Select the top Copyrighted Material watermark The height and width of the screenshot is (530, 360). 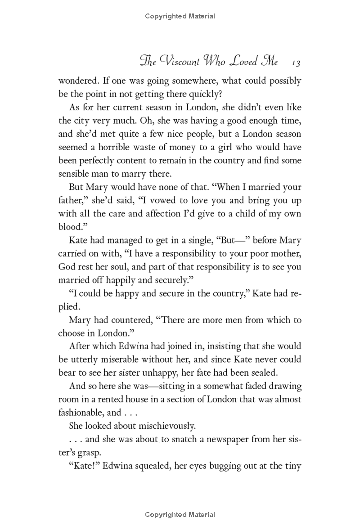point(180,16)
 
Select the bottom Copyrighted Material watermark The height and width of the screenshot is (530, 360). point(180,515)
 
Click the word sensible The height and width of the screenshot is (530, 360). point(74,173)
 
